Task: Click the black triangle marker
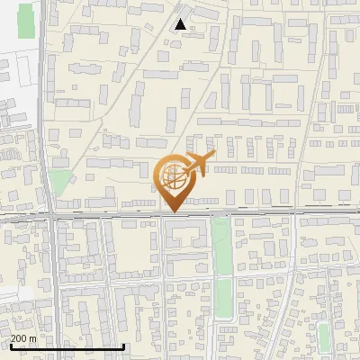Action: click(181, 24)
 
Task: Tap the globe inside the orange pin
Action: click(172, 177)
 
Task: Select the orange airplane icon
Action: click(198, 164)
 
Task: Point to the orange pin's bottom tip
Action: click(172, 212)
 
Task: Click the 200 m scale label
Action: click(23, 338)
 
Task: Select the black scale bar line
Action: click(67, 346)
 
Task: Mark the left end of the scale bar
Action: click(10, 346)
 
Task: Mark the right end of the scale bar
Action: click(123, 346)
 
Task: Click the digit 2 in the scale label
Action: click(13, 338)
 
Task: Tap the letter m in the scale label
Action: click(33, 338)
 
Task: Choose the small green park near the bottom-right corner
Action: click(324, 336)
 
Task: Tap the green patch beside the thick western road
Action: click(58, 183)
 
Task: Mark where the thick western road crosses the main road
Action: click(54, 216)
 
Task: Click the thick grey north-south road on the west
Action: click(56, 279)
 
